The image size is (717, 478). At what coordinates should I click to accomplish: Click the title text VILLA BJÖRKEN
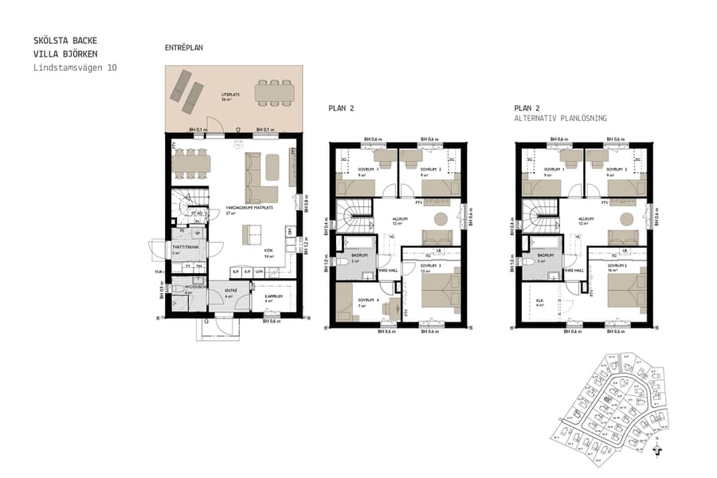pos(65,54)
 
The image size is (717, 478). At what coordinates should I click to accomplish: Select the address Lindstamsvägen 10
pos(75,69)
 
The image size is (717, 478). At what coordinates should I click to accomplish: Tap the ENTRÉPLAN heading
pos(184,48)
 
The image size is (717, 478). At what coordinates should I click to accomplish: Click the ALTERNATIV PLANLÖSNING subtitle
pos(560,118)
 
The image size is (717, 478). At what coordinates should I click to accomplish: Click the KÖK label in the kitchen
pos(269,249)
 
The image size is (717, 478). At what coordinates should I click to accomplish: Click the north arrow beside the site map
pos(656,449)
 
